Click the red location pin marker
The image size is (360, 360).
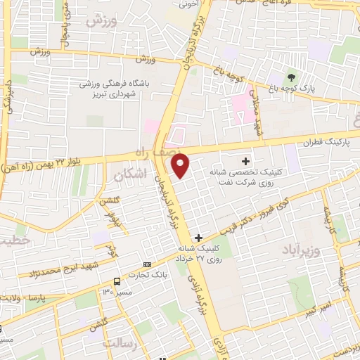tap(181, 165)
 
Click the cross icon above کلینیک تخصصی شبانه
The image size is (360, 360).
tap(245, 161)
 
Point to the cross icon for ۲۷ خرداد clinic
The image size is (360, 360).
tap(200, 238)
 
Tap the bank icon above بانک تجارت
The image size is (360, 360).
tap(147, 264)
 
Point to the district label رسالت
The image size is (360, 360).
tap(117, 344)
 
